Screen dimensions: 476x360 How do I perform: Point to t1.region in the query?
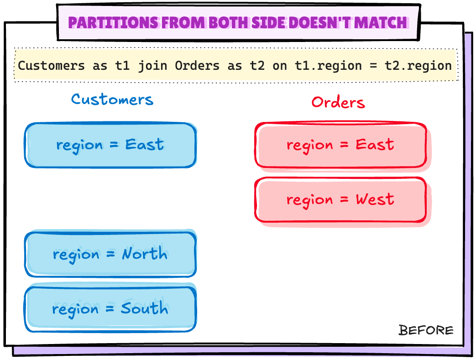[x=322, y=66]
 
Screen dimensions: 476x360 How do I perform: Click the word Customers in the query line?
[x=51, y=66]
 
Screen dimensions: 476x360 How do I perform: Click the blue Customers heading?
[x=112, y=99]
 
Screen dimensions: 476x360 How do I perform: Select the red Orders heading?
[x=338, y=102]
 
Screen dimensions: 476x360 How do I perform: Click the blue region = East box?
[x=110, y=145]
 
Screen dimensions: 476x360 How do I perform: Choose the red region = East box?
[x=340, y=145]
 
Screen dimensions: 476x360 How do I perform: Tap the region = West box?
[x=340, y=200]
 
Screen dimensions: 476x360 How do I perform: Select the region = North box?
[x=110, y=254]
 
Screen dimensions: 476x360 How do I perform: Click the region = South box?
[x=110, y=309]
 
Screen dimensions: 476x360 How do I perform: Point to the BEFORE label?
[x=426, y=330]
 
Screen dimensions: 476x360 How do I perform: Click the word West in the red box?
[x=375, y=199]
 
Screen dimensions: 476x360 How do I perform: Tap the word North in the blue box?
[x=144, y=254]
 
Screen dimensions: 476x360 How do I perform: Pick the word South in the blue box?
[x=144, y=308]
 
